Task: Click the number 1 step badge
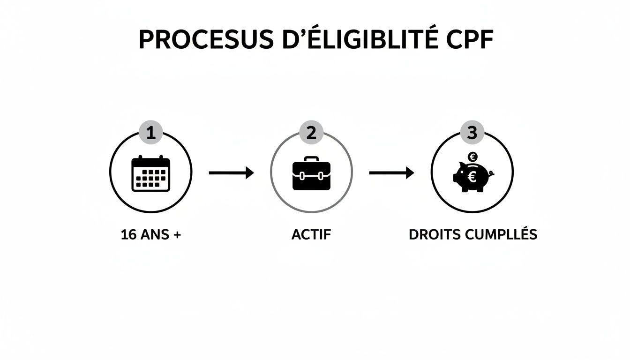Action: click(x=151, y=134)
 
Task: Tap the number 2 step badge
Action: click(x=311, y=134)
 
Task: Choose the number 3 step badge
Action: click(x=472, y=134)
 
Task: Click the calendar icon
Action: click(x=151, y=173)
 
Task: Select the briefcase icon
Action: click(x=311, y=175)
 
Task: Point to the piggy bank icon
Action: click(x=471, y=177)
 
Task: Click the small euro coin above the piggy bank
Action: click(x=472, y=157)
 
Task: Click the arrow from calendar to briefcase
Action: click(x=231, y=173)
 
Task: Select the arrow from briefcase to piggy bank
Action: click(x=391, y=173)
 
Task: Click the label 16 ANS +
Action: click(x=150, y=235)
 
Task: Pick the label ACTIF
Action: click(x=311, y=235)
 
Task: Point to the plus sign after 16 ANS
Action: click(x=176, y=235)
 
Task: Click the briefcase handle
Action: click(x=311, y=159)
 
